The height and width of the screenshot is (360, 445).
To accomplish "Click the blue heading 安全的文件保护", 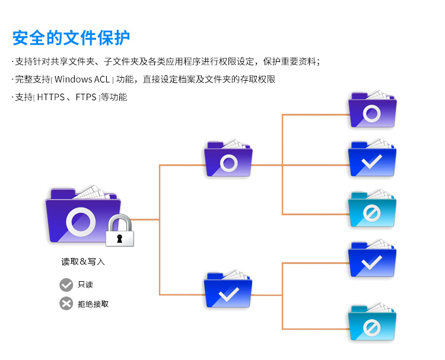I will click(71, 37).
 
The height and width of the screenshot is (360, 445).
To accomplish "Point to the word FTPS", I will click(86, 97).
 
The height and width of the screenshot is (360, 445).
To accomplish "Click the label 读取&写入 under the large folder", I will click(83, 262).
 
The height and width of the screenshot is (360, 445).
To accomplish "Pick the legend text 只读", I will click(85, 285).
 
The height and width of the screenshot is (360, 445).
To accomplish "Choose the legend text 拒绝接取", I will click(93, 304).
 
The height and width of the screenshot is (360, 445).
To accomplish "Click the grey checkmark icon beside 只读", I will click(66, 285).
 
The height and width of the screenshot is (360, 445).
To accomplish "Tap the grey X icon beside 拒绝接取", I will click(66, 304).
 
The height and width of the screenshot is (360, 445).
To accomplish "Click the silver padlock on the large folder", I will click(120, 232).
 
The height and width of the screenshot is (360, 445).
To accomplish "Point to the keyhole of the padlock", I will click(120, 238).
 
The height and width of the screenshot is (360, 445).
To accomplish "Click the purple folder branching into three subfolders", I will click(228, 159).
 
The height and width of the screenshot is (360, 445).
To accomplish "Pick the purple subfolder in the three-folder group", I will click(372, 110).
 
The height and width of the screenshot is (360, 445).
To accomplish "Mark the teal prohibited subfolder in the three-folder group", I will click(372, 209).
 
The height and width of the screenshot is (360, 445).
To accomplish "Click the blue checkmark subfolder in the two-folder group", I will click(372, 259).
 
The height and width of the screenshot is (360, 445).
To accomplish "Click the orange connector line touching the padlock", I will click(145, 220).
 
